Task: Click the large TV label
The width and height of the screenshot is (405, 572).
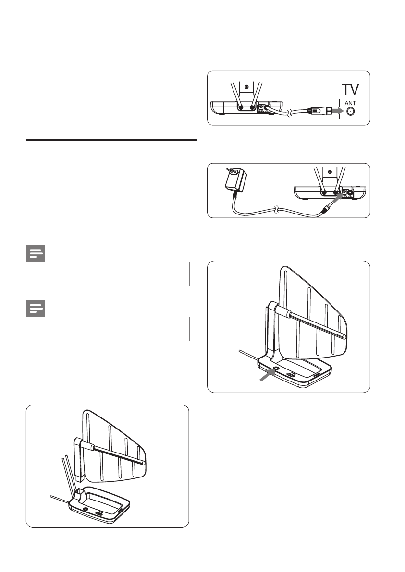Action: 350,90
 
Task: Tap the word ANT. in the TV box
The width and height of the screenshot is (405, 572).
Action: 351,104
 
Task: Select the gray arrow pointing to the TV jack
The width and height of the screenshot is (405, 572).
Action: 334,111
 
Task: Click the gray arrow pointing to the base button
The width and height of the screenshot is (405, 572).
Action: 267,375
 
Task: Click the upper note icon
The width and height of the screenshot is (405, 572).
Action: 36,253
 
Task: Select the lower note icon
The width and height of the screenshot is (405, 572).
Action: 36,309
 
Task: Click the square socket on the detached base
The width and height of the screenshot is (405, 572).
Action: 80,494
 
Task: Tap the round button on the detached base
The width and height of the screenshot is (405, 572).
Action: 86,508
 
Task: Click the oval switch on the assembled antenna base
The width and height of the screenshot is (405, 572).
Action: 292,375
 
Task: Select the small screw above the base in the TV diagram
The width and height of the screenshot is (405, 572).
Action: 246,87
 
